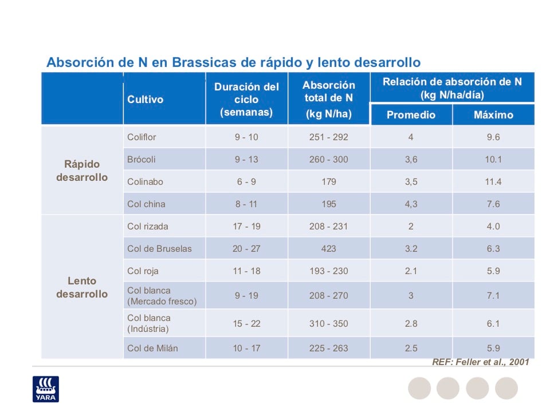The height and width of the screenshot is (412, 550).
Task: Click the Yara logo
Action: click(50, 389)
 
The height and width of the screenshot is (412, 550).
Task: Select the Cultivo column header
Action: click(145, 100)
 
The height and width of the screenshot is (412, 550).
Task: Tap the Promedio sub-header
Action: click(411, 115)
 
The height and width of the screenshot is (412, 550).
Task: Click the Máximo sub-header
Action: click(493, 115)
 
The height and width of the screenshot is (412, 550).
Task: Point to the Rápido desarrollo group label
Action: click(82, 171)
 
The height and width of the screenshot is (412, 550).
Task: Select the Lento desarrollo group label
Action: click(82, 287)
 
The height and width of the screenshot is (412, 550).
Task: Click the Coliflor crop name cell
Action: click(142, 137)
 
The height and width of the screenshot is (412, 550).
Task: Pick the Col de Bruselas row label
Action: click(159, 249)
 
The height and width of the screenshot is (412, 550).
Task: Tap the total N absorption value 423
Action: click(329, 249)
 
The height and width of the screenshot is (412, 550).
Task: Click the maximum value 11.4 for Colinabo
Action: click(493, 182)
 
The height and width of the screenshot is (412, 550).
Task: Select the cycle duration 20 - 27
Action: click(246, 249)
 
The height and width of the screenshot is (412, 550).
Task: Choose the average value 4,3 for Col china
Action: click(411, 204)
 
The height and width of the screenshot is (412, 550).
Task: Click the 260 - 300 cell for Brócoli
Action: click(329, 160)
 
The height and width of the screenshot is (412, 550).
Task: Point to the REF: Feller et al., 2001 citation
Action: click(480, 362)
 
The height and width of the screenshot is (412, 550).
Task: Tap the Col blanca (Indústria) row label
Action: click(149, 323)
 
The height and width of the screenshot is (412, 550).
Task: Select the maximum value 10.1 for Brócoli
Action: click(493, 160)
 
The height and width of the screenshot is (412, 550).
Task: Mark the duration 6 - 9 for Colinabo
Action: click(246, 182)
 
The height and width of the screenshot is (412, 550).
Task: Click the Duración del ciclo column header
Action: click(246, 100)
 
